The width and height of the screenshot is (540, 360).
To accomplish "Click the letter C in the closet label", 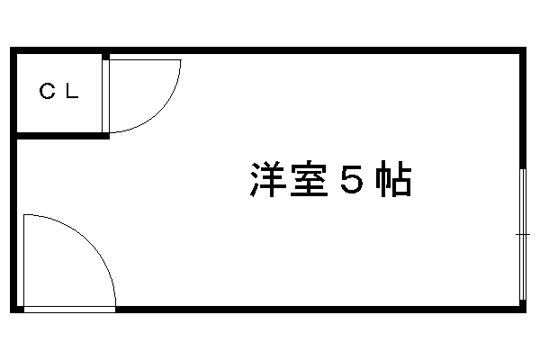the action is (x=47, y=91).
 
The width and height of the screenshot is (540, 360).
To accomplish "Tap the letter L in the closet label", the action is (x=72, y=91).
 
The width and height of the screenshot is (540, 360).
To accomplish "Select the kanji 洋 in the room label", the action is (x=267, y=179).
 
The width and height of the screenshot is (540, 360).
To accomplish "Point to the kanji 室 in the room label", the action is (x=309, y=179).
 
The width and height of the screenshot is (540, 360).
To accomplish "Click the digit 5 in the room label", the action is (x=352, y=179).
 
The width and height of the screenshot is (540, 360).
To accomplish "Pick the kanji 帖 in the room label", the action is (x=393, y=179).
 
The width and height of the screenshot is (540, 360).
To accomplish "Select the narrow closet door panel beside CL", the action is (x=105, y=96).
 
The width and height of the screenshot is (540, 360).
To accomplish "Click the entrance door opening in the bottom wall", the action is (x=69, y=310).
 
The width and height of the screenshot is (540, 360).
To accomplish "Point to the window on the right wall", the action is (x=523, y=234).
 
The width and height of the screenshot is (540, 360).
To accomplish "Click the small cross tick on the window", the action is (x=523, y=234).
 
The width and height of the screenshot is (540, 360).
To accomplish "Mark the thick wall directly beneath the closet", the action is (x=63, y=136).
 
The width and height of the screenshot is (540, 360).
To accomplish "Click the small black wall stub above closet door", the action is (x=105, y=57).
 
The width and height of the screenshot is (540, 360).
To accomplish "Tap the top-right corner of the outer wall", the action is (x=526, y=47).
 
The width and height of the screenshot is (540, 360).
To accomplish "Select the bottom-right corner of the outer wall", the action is (x=526, y=313).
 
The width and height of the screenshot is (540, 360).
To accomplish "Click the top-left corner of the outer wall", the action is (x=10, y=47).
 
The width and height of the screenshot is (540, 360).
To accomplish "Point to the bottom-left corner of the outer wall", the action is (x=10, y=313).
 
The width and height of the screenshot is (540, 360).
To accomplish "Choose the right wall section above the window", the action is (x=523, y=111).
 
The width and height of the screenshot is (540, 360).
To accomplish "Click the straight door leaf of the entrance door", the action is (x=23, y=260).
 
